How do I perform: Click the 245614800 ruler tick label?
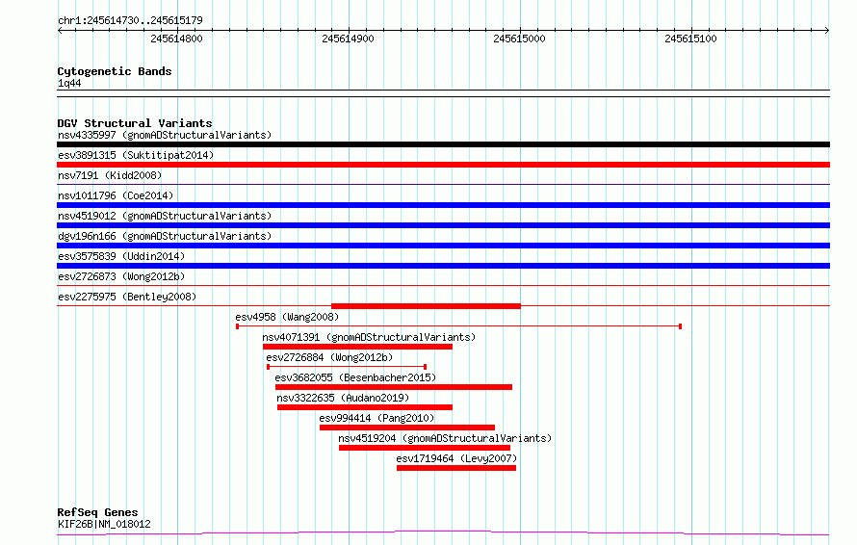(176, 39)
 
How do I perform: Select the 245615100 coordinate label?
(690, 39)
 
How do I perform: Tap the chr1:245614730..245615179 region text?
(130, 20)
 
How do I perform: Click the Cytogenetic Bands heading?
(115, 71)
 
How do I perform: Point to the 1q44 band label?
(69, 83)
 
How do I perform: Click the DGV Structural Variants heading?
(135, 123)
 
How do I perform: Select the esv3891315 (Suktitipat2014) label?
(136, 155)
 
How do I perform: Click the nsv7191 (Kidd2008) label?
(110, 175)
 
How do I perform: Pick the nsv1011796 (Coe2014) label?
(116, 195)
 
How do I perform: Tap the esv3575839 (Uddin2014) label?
(121, 256)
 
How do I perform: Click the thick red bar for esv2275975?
(426, 306)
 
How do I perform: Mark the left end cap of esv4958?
(237, 326)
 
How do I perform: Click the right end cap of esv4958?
(680, 326)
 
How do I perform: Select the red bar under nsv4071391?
(357, 347)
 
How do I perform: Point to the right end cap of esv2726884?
(426, 367)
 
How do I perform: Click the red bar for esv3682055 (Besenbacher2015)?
(394, 387)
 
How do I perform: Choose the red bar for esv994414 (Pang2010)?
(407, 428)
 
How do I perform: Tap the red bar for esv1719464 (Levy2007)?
(456, 468)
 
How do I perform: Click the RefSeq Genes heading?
(98, 512)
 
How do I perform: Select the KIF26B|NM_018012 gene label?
(104, 524)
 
